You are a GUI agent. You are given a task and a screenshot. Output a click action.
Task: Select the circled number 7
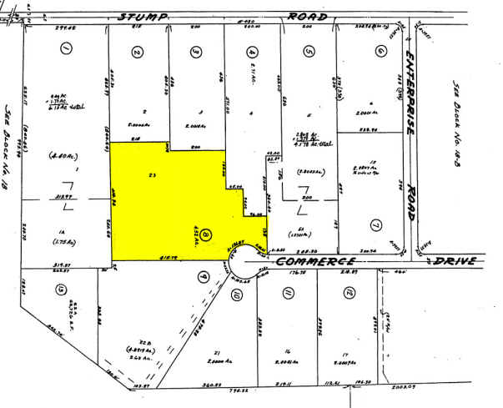[376, 224]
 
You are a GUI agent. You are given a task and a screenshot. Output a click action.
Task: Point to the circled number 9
[201, 271]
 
